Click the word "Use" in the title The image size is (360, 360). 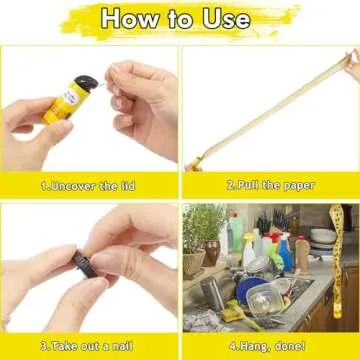pos(229,18)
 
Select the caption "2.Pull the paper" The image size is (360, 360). pos(270,185)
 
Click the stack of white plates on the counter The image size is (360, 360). pos(322,240)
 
